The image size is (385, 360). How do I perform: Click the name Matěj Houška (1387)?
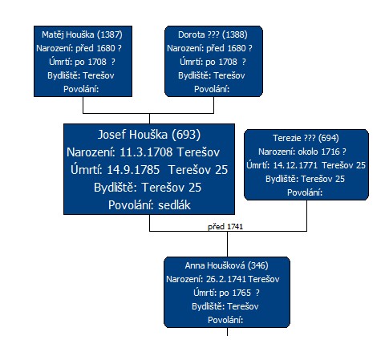[82, 34]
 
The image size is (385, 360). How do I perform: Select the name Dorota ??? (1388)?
[213, 34]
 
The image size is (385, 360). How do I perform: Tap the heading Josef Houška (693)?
[149, 135]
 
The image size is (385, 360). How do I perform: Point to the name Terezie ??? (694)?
[306, 138]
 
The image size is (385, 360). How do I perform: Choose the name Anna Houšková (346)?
[226, 265]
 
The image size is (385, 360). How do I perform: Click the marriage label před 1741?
[225, 227]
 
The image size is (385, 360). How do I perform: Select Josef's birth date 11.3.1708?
[146, 152]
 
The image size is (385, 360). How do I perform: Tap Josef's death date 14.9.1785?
[133, 170]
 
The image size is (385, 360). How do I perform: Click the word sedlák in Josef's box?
[174, 205]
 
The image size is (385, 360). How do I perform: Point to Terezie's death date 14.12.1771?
[295, 165]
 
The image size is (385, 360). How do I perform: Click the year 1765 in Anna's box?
[241, 293]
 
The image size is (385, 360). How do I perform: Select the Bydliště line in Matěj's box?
[81, 75]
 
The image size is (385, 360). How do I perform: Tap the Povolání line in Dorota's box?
[212, 89]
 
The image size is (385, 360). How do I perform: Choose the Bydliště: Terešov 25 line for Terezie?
[305, 179]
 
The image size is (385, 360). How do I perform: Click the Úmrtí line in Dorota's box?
[213, 62]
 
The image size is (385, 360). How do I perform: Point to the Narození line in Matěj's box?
[79, 48]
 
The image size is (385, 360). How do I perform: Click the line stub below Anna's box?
[227, 332]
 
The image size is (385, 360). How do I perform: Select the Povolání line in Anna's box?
[225, 320]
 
